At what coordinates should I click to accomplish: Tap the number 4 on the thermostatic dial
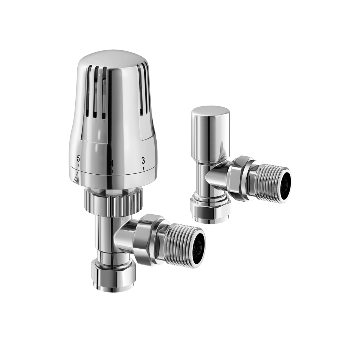point(112,164)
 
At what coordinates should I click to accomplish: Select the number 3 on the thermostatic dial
point(143,160)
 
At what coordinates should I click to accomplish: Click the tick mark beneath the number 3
point(143,168)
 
